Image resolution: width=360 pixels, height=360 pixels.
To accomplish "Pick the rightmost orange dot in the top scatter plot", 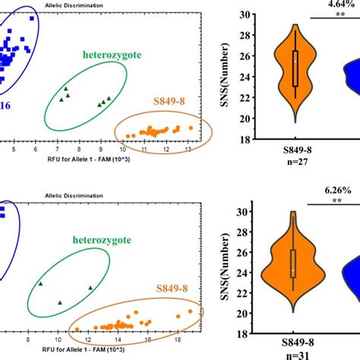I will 201,126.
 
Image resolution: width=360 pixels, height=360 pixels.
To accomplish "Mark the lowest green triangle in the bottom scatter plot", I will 61,302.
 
